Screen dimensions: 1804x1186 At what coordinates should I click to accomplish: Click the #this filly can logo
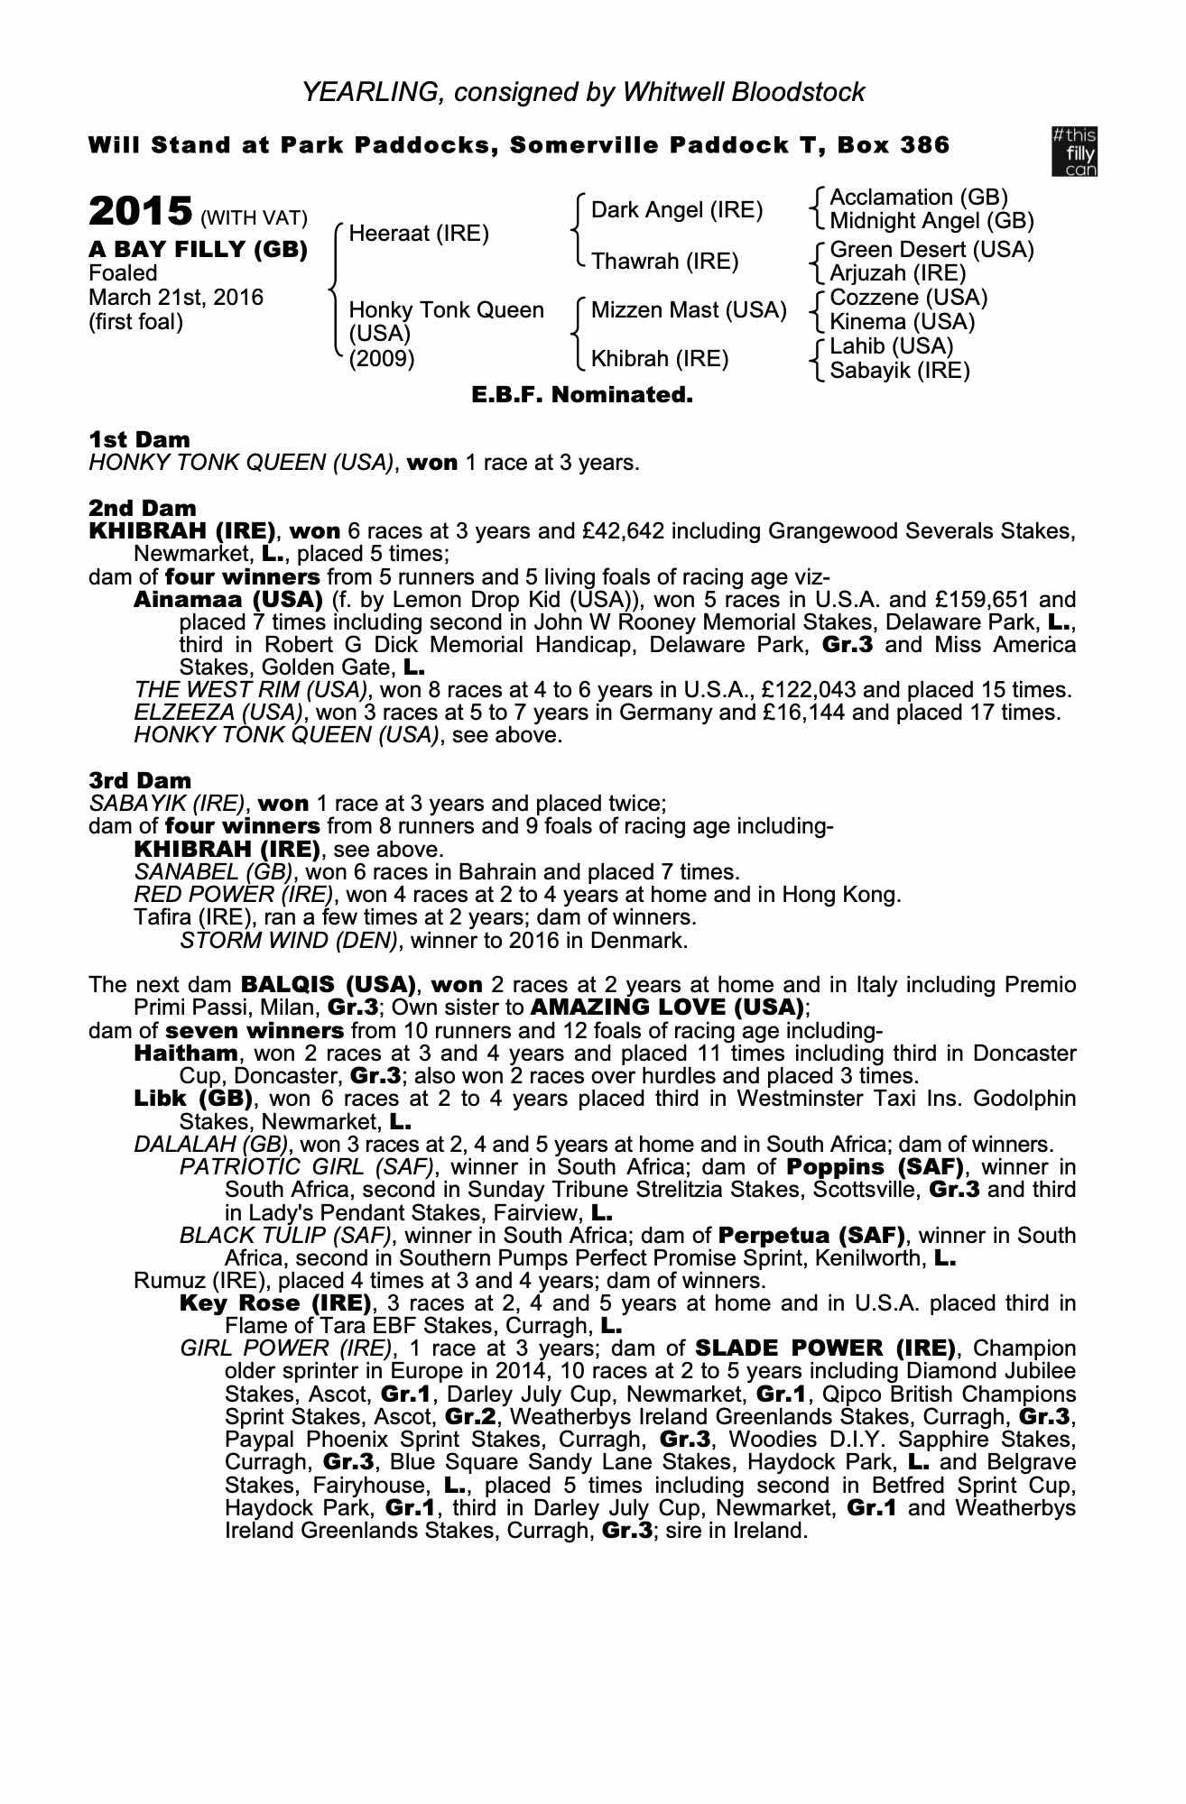click(1074, 151)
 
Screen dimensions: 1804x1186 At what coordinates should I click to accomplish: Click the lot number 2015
click(140, 213)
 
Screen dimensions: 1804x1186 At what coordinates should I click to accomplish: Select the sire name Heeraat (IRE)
click(419, 234)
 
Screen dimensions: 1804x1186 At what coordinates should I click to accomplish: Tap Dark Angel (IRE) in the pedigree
click(677, 210)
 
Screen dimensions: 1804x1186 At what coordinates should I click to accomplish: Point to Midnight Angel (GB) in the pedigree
click(931, 221)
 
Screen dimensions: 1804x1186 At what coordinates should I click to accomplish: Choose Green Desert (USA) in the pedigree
click(931, 250)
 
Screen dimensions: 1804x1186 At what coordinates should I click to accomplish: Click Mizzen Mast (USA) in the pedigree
click(689, 310)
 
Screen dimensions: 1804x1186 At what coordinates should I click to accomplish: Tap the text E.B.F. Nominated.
click(582, 395)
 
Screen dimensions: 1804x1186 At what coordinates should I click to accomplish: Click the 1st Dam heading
click(139, 440)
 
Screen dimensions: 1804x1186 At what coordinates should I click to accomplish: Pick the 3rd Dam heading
click(140, 780)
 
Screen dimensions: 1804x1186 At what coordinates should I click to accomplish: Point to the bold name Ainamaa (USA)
click(228, 600)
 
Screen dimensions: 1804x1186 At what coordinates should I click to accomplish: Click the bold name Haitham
click(186, 1053)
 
